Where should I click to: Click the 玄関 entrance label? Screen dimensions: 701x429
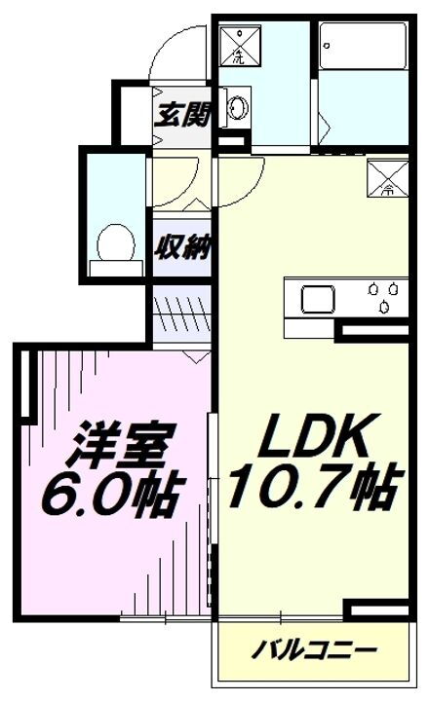point(182,115)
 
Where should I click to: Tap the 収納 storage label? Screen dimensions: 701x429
point(182,247)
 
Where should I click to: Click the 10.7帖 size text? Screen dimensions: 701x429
point(311,488)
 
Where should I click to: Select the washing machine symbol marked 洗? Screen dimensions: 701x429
point(240,43)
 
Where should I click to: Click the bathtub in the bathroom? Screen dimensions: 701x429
point(361,45)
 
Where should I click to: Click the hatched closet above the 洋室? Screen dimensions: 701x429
point(181,315)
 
